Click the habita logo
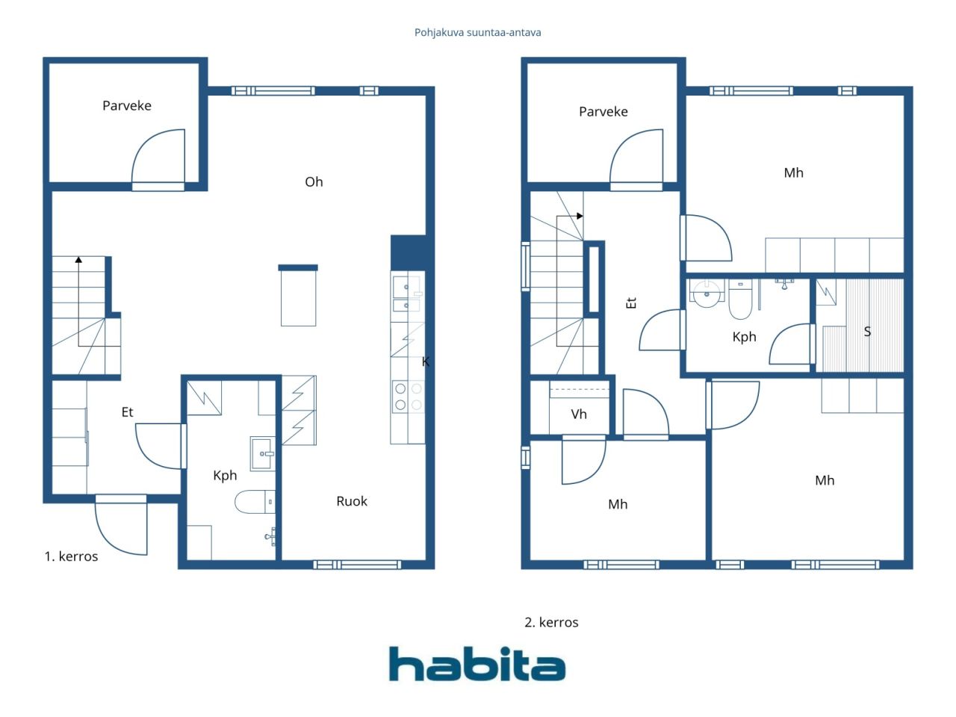coord(477,663)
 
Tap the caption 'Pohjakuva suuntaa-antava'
coord(477,33)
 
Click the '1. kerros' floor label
coord(71,556)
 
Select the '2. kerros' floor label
coord(551,623)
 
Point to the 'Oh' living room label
coord(314,181)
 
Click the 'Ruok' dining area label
coord(352,501)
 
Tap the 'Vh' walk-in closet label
coord(578,414)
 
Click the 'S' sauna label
coord(867,332)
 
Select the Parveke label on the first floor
coord(127,106)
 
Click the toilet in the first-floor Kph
coord(255,502)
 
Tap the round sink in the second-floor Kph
coord(707,294)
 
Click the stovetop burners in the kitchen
coord(408,396)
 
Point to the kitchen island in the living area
coord(298,296)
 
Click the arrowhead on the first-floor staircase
coord(78,260)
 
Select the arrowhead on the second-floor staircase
coord(580,216)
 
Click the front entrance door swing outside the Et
coord(121,526)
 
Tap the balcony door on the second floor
coord(636,159)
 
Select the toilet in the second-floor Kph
coord(740,299)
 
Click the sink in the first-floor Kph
coord(263,453)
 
